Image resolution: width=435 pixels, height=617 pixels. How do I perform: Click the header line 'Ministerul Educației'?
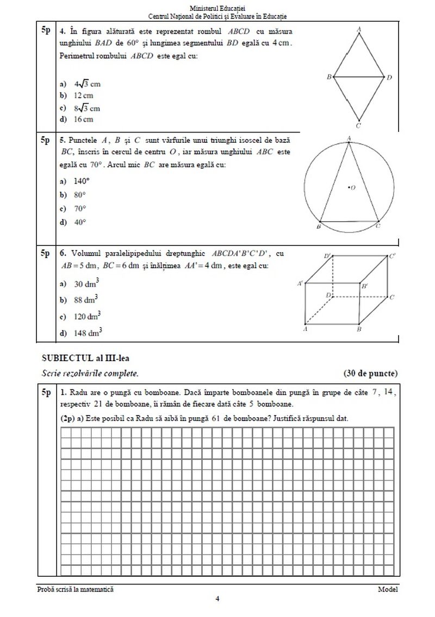pyautogui.click(x=217, y=8)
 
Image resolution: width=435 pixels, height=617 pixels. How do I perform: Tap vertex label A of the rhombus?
pyautogui.click(x=359, y=30)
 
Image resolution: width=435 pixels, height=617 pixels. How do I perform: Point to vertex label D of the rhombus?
pyautogui.click(x=389, y=78)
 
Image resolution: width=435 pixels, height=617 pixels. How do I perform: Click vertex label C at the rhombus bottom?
pyautogui.click(x=359, y=125)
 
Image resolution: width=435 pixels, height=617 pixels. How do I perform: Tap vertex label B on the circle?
pyautogui.click(x=319, y=225)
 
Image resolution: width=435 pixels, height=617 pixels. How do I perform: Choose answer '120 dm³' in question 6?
pyautogui.click(x=87, y=316)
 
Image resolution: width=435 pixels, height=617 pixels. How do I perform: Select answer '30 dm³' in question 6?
pyautogui.click(x=85, y=283)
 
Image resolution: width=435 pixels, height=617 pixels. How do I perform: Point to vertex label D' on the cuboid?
pyautogui.click(x=328, y=255)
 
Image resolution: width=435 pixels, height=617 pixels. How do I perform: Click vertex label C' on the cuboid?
pyautogui.click(x=392, y=256)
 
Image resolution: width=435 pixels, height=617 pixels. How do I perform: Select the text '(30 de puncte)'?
pyautogui.click(x=370, y=373)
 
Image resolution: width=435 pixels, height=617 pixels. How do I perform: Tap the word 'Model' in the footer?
pyautogui.click(x=388, y=589)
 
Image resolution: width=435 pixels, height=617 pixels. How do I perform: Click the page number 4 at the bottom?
pyautogui.click(x=217, y=599)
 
